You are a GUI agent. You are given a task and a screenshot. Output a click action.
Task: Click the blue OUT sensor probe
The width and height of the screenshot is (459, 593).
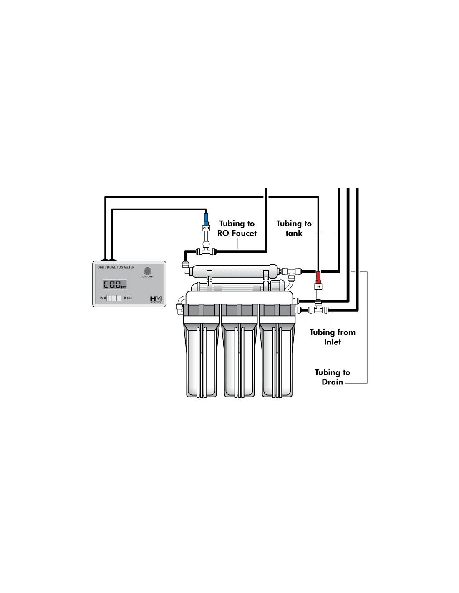(206, 219)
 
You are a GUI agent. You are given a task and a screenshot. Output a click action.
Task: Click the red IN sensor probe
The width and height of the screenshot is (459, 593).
(318, 277)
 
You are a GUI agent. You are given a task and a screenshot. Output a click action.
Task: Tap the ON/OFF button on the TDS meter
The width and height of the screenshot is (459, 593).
(147, 271)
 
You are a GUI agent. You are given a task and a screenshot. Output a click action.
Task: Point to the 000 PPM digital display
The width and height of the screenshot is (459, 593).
(115, 284)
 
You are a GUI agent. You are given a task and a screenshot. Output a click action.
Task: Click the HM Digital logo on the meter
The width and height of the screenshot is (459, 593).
(156, 299)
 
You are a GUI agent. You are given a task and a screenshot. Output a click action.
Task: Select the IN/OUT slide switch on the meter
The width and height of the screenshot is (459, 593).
(114, 298)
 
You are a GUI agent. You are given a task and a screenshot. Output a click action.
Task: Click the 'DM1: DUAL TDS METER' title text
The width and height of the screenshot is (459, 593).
(116, 267)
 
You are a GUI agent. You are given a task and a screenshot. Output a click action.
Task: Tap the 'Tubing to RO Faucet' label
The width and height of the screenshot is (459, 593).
(237, 229)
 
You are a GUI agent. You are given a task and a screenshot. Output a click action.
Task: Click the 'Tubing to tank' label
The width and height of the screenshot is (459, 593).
(294, 229)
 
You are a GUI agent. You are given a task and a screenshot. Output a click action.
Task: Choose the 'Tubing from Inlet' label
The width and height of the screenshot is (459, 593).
(333, 337)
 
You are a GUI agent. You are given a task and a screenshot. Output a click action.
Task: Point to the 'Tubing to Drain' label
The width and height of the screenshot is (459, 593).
(333, 377)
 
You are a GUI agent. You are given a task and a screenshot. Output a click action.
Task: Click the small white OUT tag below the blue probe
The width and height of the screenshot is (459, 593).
(206, 228)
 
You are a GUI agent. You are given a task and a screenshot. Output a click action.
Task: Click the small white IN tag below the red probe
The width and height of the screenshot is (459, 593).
(318, 286)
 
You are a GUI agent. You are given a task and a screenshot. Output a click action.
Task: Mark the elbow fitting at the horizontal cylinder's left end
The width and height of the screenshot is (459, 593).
(185, 266)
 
